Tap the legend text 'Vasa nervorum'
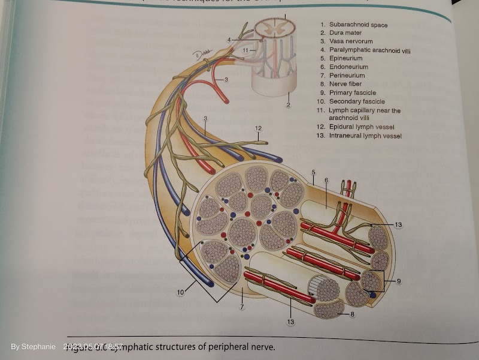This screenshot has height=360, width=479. tap(349, 41)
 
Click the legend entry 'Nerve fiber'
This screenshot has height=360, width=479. tap(345, 84)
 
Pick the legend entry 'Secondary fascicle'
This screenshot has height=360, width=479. tap(357, 101)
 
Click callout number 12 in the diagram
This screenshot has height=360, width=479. tap(258, 128)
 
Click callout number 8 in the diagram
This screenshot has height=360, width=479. tap(352, 313)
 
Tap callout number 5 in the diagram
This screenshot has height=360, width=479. tap(313, 173)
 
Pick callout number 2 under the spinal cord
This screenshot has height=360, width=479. tap(288, 106)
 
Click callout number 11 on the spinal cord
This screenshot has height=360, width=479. tap(246, 50)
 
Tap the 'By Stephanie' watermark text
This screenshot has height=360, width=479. tap(33, 347)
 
